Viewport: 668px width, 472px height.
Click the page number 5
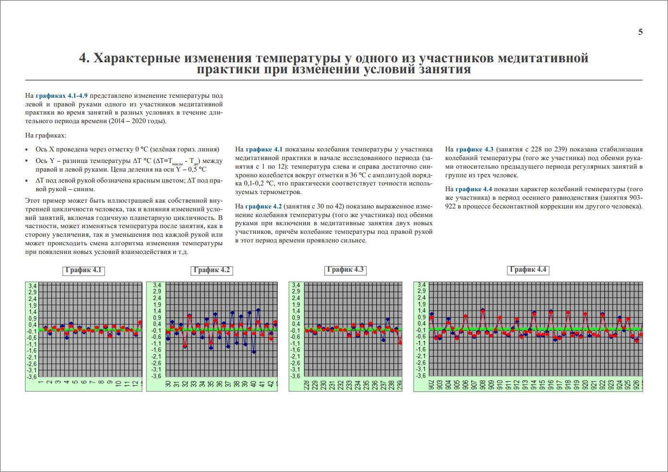640,32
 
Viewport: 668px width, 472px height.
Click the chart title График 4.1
83,270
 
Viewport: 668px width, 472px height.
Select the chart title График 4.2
212,270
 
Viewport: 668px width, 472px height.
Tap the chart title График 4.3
346,270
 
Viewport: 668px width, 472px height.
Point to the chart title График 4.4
528,270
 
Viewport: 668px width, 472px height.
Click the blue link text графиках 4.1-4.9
61,96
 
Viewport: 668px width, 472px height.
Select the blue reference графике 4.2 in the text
263,207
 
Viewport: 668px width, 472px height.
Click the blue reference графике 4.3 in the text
475,150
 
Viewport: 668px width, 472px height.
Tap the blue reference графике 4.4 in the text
474,189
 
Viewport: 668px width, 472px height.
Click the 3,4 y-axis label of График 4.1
32,286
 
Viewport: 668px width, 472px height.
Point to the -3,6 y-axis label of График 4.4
421,376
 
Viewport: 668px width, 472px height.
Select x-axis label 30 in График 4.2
168,384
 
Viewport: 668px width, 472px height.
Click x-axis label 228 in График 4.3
307,385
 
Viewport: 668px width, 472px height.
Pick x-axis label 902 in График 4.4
431,385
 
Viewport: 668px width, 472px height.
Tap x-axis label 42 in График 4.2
271,384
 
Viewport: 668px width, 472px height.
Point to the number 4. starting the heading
84,58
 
